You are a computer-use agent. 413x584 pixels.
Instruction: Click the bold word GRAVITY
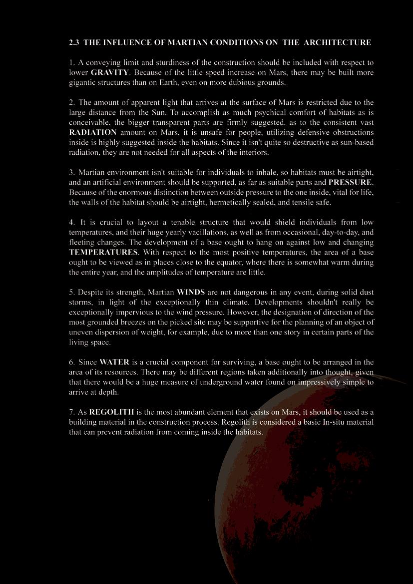(109, 73)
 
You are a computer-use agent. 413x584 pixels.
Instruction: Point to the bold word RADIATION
(93, 133)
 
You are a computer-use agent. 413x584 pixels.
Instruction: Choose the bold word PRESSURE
(350, 183)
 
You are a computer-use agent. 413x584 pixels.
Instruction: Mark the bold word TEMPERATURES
(103, 253)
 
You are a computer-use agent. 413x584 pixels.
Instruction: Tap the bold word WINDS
(191, 292)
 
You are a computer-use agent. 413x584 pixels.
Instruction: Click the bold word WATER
(114, 362)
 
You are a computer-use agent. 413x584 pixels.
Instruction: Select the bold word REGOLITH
(111, 412)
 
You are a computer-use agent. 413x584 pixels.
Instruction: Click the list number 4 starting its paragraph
(71, 223)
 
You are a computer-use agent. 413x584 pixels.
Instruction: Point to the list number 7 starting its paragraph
(71, 412)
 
